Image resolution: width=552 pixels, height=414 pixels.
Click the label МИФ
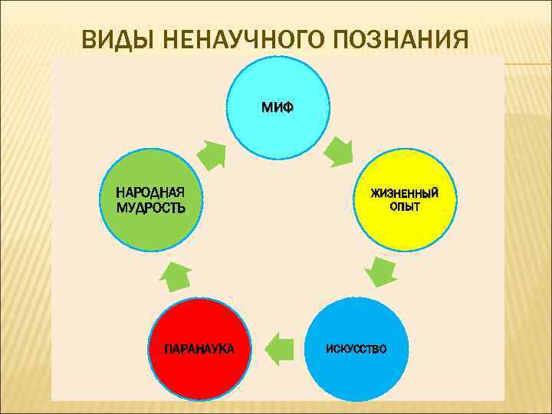(x=277, y=107)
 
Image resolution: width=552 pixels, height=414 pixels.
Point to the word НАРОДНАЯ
(x=150, y=192)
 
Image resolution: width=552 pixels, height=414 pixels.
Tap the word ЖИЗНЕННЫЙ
(x=405, y=192)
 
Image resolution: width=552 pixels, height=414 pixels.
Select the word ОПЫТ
(x=405, y=207)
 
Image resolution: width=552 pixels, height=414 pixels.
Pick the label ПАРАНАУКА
(x=200, y=349)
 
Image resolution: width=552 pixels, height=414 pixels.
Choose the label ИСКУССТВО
(x=356, y=349)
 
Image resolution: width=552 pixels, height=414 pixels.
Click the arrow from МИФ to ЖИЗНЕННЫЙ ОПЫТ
(x=337, y=151)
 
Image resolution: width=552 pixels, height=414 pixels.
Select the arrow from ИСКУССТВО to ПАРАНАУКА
(x=280, y=350)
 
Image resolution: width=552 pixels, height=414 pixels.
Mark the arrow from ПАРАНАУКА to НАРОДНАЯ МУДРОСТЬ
(x=178, y=272)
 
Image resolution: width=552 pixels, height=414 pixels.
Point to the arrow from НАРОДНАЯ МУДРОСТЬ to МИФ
(x=212, y=153)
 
